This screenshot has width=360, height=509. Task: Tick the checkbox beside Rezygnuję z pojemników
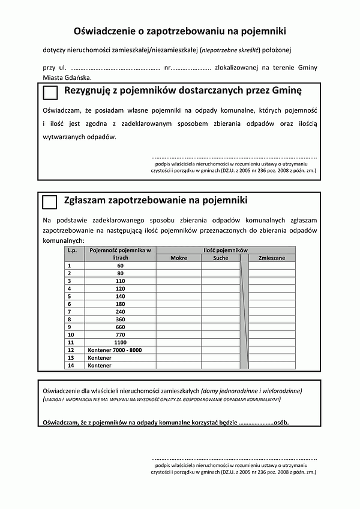coord(50,92)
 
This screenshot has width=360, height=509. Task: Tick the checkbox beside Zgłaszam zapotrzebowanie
coord(50,201)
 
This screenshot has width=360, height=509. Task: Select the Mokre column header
coord(178,258)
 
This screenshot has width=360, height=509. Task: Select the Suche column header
coord(220,258)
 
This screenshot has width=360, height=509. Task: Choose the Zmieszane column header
coord(271,258)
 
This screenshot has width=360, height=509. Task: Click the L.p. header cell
coord(73,250)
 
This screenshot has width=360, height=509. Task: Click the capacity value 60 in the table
coord(120,266)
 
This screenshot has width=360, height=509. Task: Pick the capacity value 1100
coord(120,342)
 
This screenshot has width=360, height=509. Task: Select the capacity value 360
coord(120,320)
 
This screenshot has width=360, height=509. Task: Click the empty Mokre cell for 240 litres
coord(178,312)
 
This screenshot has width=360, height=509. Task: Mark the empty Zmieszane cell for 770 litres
coord(271,335)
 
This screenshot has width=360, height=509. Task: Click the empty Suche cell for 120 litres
coord(220,288)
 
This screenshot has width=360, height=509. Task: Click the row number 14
coord(71,365)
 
